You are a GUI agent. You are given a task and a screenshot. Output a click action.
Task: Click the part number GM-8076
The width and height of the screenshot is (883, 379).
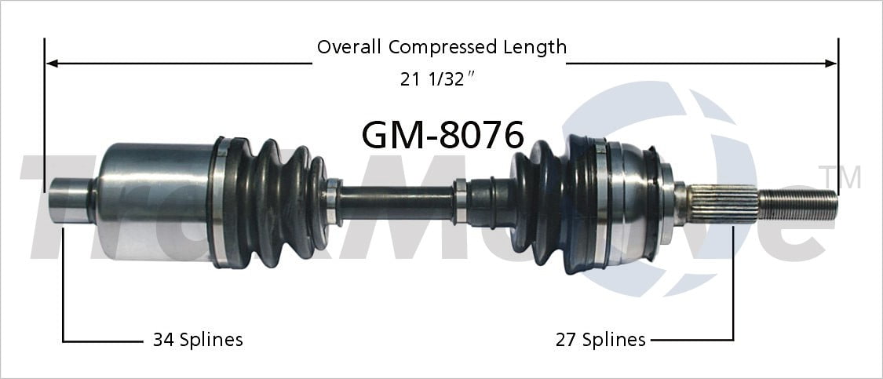tap(442, 135)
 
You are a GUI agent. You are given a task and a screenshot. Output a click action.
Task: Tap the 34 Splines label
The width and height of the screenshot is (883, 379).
tap(197, 340)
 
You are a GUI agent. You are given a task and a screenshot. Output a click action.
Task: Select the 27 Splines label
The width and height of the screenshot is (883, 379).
tap(600, 340)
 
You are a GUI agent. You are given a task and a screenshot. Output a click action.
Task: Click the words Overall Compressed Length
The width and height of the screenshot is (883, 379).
tap(441, 47)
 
